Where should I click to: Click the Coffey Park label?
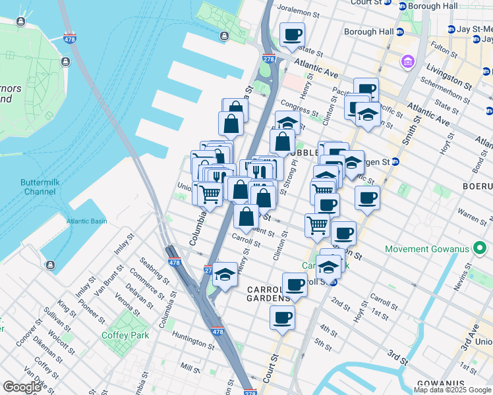tap(125, 335)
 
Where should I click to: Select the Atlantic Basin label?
tap(86, 221)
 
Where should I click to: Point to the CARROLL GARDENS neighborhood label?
tap(269, 294)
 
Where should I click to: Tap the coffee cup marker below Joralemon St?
tap(292, 35)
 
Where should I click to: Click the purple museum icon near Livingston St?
tap(408, 63)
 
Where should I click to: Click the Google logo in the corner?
tap(22, 387)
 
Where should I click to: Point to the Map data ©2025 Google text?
tap(452, 390)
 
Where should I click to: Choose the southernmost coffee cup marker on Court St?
tap(282, 317)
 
